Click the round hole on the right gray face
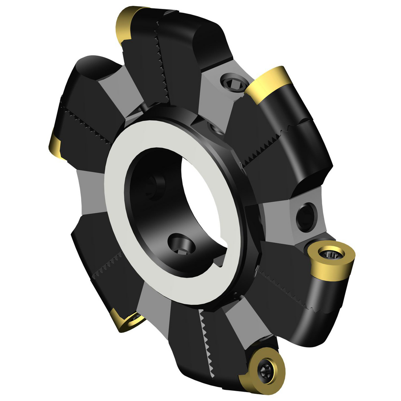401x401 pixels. pos(307,216)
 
